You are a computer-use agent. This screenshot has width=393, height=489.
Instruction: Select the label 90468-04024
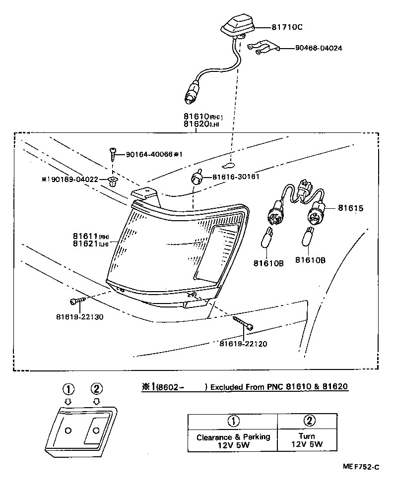tap(318, 48)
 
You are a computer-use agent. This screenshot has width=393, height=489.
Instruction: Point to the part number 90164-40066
tap(149, 154)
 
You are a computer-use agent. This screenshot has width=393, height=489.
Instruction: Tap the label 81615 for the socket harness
tap(351, 208)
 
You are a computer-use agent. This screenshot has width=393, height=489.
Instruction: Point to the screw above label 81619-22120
tap(244, 323)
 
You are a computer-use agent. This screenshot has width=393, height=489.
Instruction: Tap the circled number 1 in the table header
tap(232, 421)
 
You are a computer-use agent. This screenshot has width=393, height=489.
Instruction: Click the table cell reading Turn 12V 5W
tap(308, 440)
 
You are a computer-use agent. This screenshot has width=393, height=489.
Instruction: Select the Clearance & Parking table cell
tap(233, 440)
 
